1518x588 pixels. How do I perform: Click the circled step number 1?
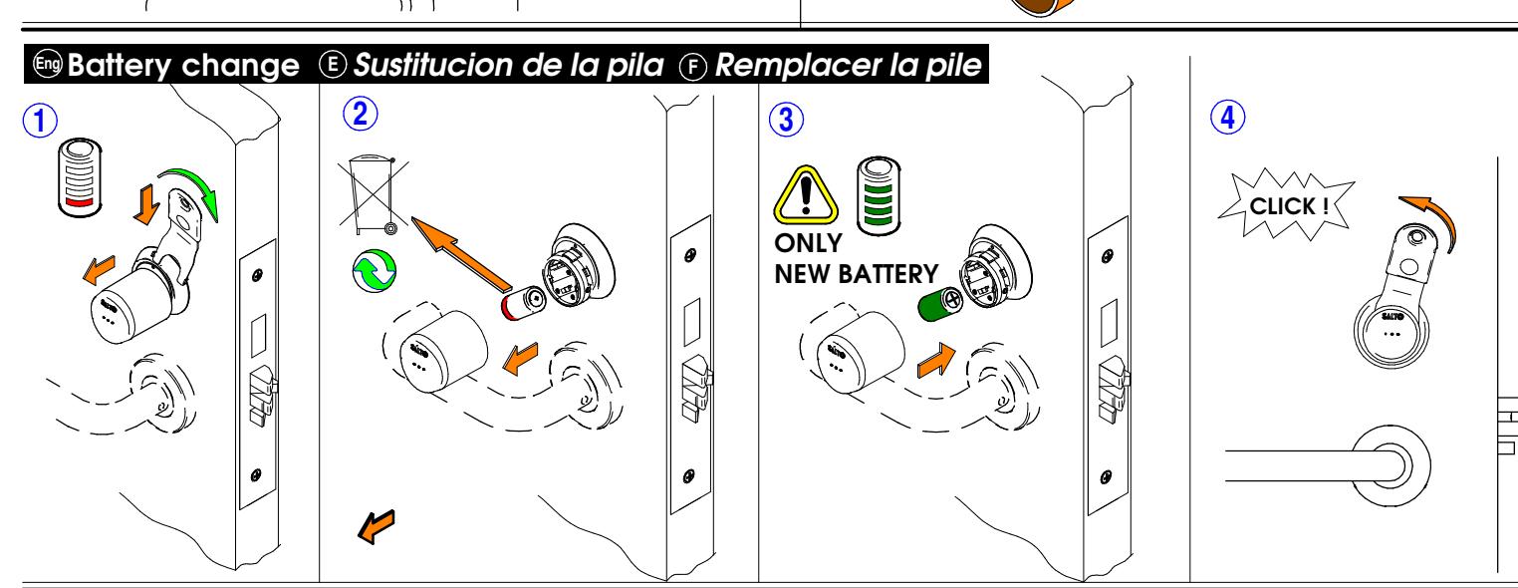tap(40, 121)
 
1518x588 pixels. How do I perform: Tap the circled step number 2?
tap(361, 114)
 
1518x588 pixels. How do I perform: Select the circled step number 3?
tap(786, 120)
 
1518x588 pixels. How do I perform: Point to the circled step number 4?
tap(1228, 117)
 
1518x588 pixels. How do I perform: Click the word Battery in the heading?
tap(120, 66)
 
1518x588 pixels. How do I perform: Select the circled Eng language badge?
tap(48, 64)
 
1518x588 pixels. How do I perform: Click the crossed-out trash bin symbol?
tap(374, 195)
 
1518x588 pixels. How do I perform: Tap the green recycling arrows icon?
tap(375, 271)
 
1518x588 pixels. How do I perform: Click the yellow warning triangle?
tap(806, 194)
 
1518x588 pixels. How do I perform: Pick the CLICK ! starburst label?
tap(1287, 205)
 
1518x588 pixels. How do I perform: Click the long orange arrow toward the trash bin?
tap(461, 254)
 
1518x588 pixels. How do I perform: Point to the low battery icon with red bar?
tap(80, 177)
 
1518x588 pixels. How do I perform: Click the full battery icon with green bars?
tap(879, 196)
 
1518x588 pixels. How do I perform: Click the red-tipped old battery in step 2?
tap(523, 303)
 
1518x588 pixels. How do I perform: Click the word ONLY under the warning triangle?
tap(808, 243)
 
